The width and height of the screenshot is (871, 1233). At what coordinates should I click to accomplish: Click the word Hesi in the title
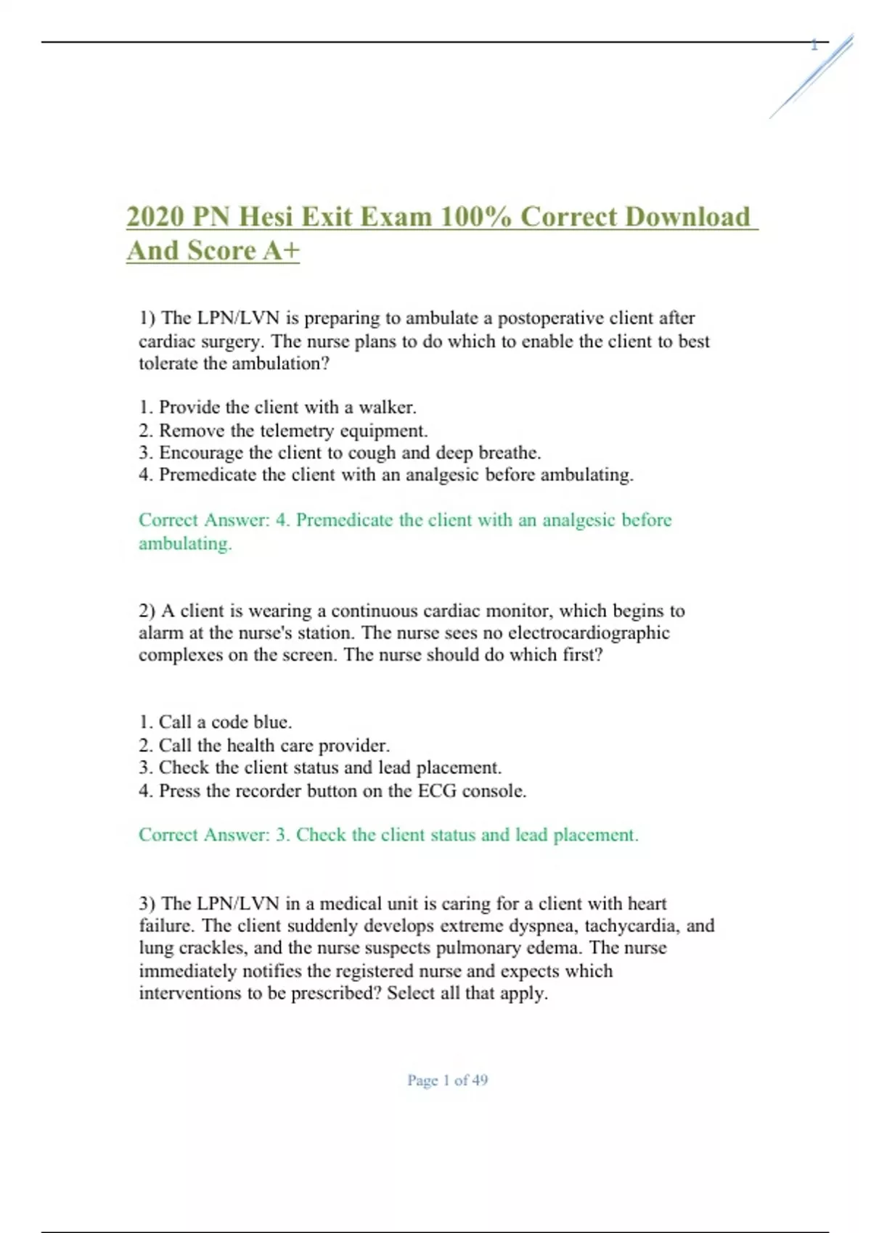(266, 217)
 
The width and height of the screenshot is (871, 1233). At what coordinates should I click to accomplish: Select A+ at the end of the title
(281, 251)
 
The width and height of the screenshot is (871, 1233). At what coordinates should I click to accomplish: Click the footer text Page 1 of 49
(447, 1080)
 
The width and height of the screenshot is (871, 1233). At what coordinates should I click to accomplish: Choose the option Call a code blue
(216, 722)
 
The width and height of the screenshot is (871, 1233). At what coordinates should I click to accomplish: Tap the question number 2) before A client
(147, 611)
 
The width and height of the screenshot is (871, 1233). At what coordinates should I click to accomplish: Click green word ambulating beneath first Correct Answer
(185, 544)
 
